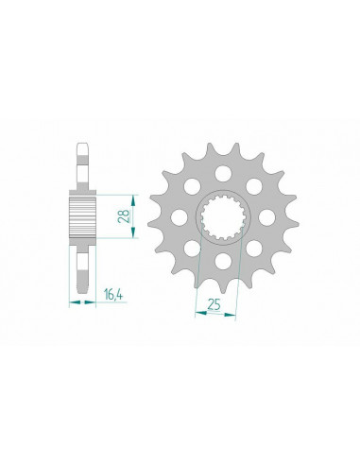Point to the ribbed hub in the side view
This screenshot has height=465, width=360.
click(x=81, y=217)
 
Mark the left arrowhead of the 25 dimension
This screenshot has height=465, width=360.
click(x=197, y=312)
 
